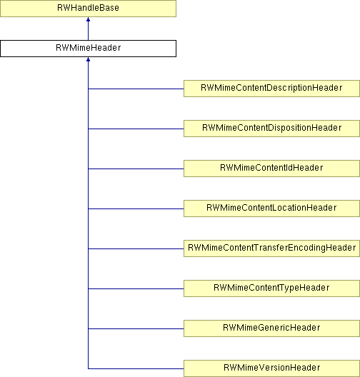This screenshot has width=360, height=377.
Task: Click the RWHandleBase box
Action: [x=88, y=9]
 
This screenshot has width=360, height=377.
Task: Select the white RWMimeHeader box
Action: [x=88, y=49]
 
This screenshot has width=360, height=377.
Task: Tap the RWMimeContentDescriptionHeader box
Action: [x=271, y=89]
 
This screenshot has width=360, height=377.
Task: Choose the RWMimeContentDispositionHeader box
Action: [x=271, y=129]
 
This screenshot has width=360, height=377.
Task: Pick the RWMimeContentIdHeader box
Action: [x=271, y=169]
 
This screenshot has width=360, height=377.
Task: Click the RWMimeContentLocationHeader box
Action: [x=271, y=208]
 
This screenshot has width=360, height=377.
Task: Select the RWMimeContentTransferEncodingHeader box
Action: [x=271, y=248]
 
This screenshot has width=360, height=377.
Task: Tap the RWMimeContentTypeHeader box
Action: [x=271, y=288]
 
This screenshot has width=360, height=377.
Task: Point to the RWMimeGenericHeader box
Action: [x=271, y=328]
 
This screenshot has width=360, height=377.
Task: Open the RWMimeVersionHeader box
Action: [x=271, y=368]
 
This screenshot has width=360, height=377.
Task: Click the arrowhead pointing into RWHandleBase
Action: [x=88, y=19]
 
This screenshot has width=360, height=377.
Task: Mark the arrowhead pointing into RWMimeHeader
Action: [x=88, y=59]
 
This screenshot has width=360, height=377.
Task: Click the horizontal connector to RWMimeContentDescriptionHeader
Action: [x=136, y=89]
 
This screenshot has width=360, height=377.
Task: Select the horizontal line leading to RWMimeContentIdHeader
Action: [x=136, y=169]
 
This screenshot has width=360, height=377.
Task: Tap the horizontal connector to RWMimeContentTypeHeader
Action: [x=136, y=288]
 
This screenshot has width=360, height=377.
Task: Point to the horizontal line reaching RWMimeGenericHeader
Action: [x=136, y=328]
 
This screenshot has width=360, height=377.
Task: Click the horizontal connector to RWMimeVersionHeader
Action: [x=136, y=368]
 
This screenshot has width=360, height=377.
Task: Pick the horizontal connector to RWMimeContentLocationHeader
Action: [x=136, y=208]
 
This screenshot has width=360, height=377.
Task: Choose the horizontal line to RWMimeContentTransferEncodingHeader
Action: [x=136, y=248]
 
